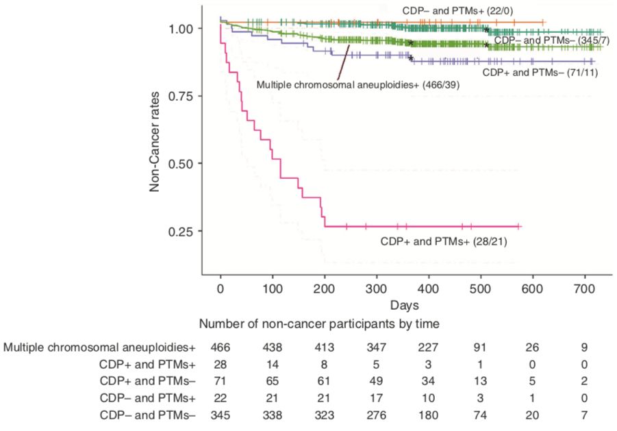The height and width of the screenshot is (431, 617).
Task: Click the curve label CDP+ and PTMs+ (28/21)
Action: click(443, 241)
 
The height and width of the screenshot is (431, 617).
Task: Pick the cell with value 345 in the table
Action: click(220, 415)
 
